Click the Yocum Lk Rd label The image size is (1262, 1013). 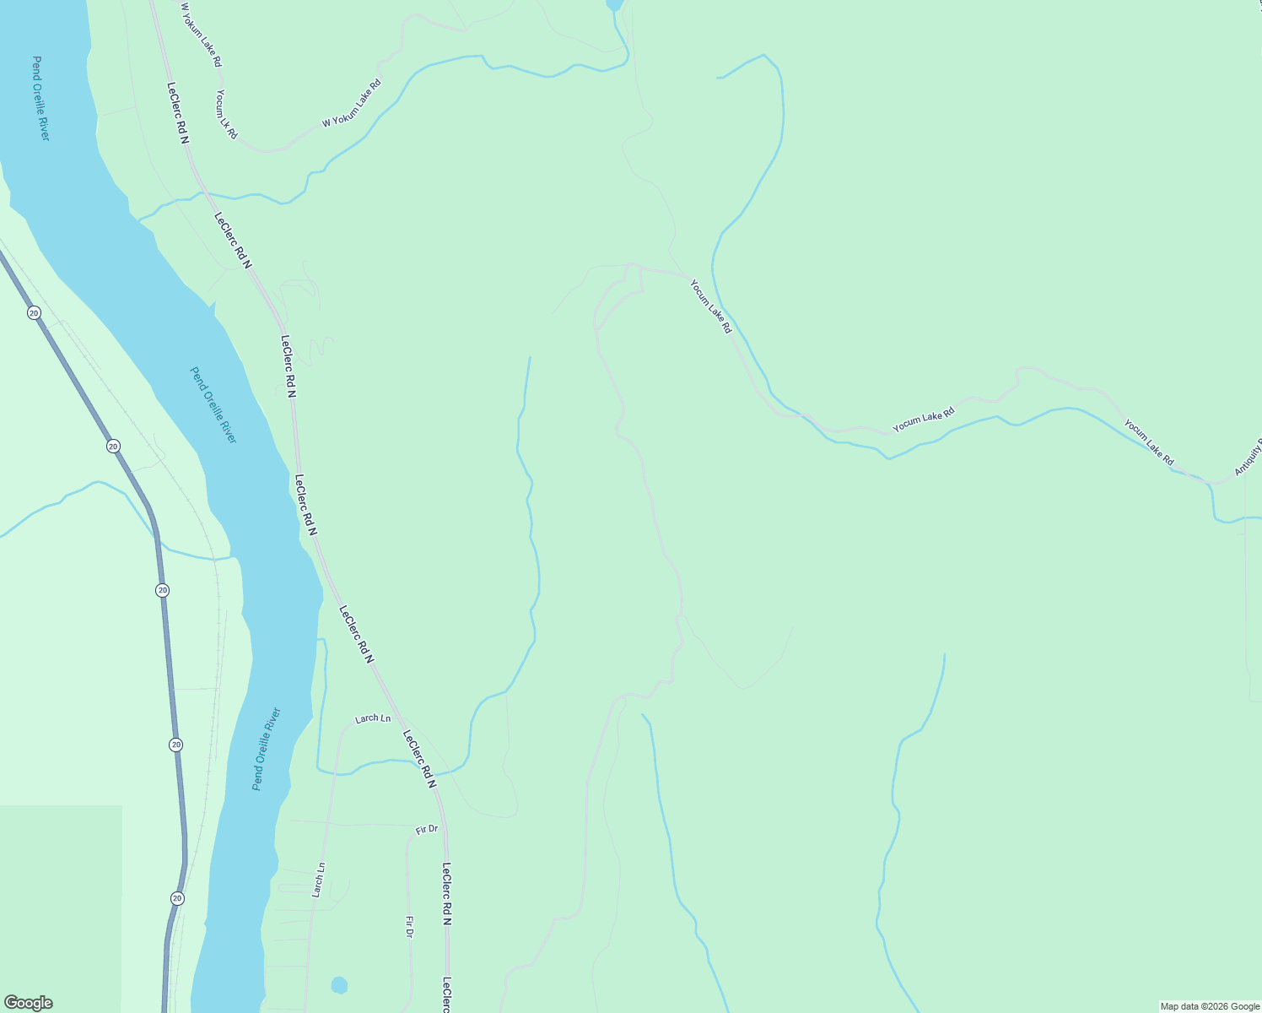(x=226, y=115)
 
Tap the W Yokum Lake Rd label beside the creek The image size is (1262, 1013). (x=352, y=104)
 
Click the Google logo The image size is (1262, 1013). (x=28, y=1003)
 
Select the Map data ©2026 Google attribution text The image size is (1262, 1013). (x=1209, y=1006)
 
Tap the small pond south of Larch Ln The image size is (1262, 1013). (x=339, y=985)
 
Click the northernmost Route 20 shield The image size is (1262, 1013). (x=34, y=312)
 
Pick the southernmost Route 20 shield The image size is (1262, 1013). (x=176, y=898)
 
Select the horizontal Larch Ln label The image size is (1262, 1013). (x=373, y=718)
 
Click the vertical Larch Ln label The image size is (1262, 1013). (x=318, y=880)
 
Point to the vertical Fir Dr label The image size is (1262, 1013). (x=409, y=927)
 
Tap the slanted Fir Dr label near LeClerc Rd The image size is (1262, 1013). (x=427, y=829)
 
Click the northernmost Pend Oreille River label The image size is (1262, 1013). (x=40, y=98)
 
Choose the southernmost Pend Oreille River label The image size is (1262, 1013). (x=266, y=749)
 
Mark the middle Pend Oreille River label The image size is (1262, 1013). (x=213, y=405)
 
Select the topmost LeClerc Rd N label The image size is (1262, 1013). (x=177, y=113)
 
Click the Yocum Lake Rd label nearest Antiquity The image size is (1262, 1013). (x=1148, y=442)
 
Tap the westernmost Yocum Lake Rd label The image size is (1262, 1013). (x=710, y=306)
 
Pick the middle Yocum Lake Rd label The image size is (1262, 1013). (x=924, y=420)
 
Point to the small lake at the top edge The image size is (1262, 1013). (x=614, y=5)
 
